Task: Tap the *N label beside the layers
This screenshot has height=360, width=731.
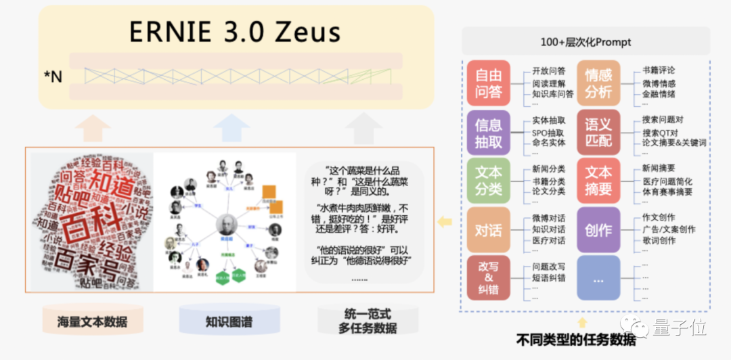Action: point(52,76)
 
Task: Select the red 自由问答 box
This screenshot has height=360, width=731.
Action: point(488,83)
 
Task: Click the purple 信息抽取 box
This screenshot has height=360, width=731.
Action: point(488,133)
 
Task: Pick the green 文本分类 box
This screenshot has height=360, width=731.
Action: point(488,181)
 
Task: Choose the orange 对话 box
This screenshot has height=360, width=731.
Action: point(488,230)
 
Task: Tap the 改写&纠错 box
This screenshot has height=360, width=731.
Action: point(488,277)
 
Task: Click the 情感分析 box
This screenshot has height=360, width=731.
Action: point(598,83)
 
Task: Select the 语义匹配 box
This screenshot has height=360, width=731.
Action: point(598,133)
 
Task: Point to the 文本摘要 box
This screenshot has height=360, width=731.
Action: point(598,181)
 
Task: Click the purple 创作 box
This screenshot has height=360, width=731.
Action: point(598,230)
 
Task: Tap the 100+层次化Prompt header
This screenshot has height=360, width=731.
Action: point(585,42)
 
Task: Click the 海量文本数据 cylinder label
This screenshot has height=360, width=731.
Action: point(93,322)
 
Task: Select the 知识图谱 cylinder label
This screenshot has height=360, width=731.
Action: point(229,322)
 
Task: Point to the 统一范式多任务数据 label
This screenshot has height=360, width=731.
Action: point(368,321)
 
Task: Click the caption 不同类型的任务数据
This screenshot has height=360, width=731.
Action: point(575,339)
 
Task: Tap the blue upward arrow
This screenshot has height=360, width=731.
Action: point(231,127)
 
